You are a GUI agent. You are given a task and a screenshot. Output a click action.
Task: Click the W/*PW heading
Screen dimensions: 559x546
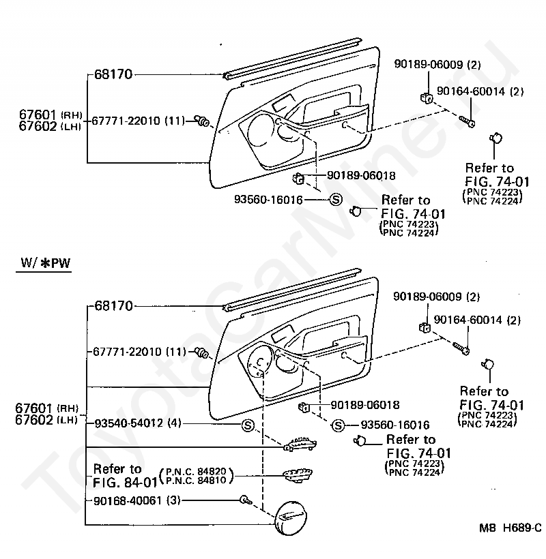coord(43,263)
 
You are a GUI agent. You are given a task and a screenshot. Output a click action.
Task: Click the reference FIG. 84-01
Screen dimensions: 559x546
coord(124,483)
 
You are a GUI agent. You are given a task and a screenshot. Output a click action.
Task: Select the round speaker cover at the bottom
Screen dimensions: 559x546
coord(297,519)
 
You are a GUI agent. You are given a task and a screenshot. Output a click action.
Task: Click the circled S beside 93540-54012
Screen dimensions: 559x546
coord(248,425)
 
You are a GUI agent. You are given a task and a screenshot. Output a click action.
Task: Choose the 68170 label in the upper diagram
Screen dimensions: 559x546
coord(113,73)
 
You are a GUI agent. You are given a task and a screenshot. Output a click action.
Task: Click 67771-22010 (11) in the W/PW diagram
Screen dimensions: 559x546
coord(139,352)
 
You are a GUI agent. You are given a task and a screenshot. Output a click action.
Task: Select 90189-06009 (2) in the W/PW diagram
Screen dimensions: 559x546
coord(438,297)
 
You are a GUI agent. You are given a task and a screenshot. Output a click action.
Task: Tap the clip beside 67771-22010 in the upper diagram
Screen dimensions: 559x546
coord(203,121)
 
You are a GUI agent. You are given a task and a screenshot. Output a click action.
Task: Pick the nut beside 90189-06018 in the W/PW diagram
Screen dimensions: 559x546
coord(304,408)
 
